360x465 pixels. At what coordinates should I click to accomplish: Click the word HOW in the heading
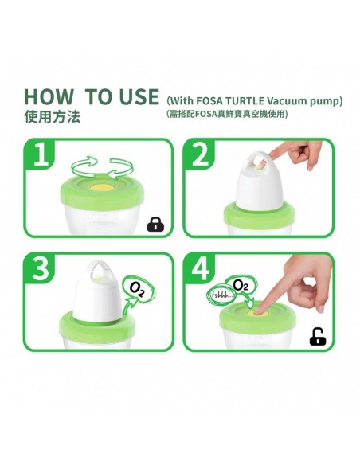click(x=49, y=96)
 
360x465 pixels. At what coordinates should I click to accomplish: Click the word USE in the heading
click(x=139, y=96)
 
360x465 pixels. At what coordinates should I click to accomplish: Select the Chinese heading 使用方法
click(x=53, y=117)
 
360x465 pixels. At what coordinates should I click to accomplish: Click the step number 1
click(x=41, y=154)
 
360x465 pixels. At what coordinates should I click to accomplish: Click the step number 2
click(x=201, y=154)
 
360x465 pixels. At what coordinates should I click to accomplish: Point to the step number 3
click(x=40, y=268)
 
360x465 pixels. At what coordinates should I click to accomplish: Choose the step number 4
click(x=201, y=268)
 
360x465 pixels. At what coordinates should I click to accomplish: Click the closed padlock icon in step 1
click(x=155, y=225)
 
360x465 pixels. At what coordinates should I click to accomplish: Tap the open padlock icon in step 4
click(x=318, y=337)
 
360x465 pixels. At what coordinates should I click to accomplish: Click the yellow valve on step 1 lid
click(x=102, y=188)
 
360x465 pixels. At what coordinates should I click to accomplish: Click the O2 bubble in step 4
click(x=241, y=285)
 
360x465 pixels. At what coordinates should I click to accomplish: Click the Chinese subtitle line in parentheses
click(x=227, y=114)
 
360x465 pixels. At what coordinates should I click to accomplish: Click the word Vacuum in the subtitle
click(x=287, y=101)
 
